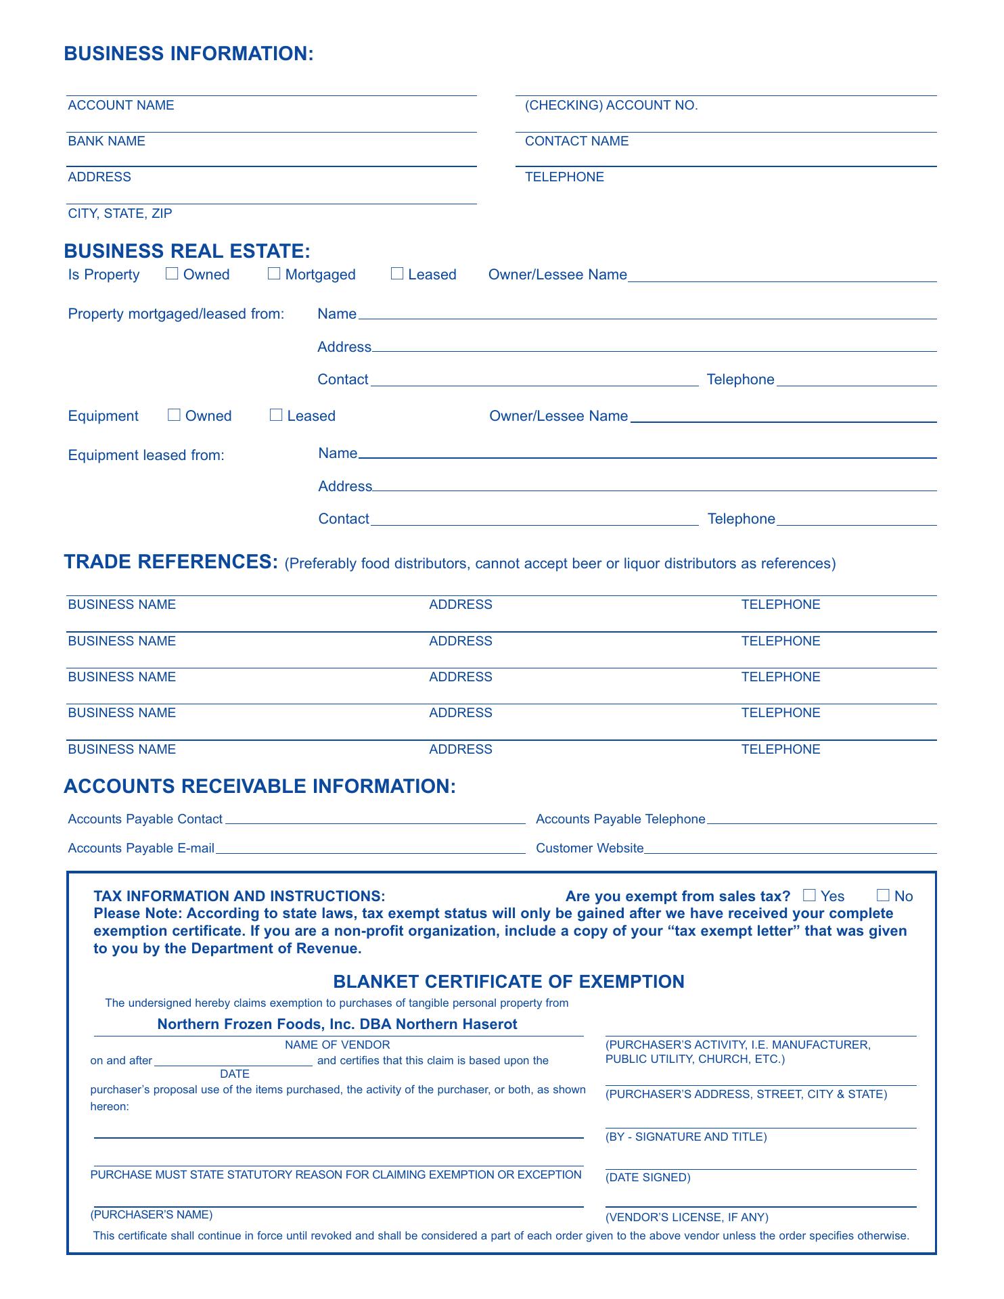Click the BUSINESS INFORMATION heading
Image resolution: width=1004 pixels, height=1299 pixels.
pyautogui.click(x=189, y=54)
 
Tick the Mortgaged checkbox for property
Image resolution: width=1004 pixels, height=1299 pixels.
pyautogui.click(x=274, y=273)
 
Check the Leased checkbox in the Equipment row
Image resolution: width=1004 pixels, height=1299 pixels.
pyautogui.click(x=276, y=415)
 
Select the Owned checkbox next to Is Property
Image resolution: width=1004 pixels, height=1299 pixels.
pyautogui.click(x=172, y=273)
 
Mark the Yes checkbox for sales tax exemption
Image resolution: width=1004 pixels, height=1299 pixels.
pyautogui.click(x=809, y=895)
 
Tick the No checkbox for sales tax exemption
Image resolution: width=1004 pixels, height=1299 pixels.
pyautogui.click(x=883, y=895)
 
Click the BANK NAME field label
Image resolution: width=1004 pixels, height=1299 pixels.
pyautogui.click(x=106, y=141)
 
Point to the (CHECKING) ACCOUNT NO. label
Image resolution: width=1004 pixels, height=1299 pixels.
pyautogui.click(x=611, y=105)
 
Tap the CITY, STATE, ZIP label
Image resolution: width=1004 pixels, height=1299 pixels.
pyautogui.click(x=120, y=213)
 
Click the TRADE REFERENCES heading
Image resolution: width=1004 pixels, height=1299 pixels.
pyautogui.click(x=170, y=562)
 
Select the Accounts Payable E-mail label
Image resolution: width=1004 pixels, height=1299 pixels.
pyautogui.click(x=141, y=848)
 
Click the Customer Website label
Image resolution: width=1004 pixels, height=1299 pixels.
pyautogui.click(x=589, y=848)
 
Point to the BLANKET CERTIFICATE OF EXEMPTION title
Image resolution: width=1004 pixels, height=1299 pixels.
pyautogui.click(x=509, y=982)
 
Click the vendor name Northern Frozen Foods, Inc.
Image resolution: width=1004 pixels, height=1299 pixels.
pyautogui.click(x=337, y=1024)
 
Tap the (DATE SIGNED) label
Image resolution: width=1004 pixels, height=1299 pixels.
pyautogui.click(x=647, y=1177)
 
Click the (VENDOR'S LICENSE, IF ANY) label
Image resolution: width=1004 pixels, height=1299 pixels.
pyautogui.click(x=687, y=1217)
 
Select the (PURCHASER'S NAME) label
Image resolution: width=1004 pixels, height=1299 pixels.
pyautogui.click(x=152, y=1214)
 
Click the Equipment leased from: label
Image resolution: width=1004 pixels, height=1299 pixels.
pyautogui.click(x=146, y=455)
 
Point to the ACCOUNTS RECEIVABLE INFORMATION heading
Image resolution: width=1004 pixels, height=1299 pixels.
pyautogui.click(x=260, y=786)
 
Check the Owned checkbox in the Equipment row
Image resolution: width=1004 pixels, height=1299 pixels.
pyautogui.click(x=174, y=415)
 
